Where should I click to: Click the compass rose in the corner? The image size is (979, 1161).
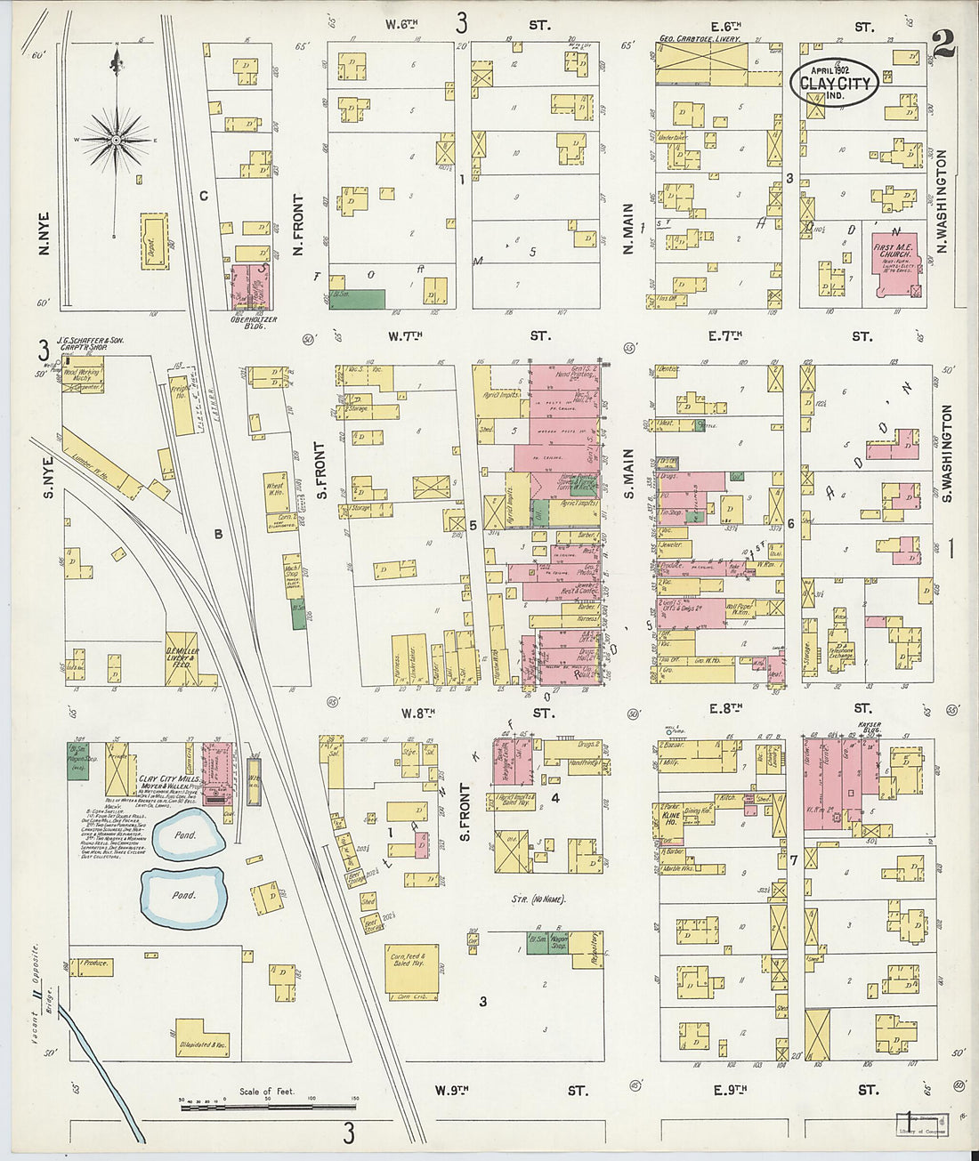116,141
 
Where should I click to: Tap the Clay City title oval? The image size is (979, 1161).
834,84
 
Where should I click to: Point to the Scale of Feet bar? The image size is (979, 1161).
267,1105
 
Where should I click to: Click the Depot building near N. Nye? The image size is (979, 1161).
153,241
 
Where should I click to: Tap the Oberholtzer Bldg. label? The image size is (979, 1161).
255,323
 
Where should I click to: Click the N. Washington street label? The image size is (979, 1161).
942,201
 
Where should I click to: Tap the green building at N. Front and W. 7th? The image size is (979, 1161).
358,299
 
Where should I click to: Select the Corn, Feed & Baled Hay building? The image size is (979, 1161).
410,969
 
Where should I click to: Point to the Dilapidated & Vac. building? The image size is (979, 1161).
202,1038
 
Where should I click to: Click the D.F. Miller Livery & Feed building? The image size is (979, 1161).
182,659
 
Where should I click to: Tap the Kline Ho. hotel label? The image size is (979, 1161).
671,818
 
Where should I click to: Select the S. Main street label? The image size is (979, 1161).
628,472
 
